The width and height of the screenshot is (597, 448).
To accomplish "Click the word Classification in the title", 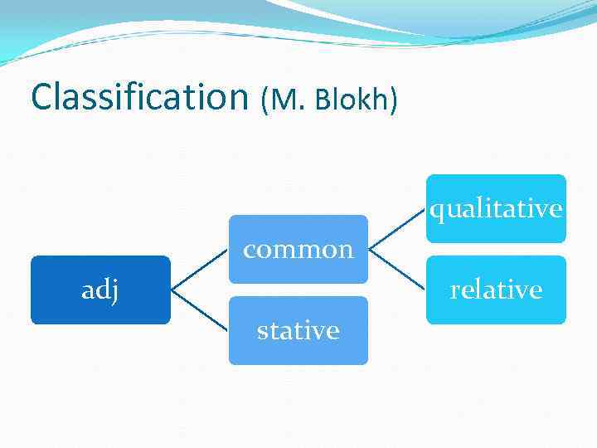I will (139, 97).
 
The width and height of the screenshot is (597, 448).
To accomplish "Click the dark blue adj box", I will (100, 290).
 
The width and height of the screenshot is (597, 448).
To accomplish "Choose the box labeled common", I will (298, 249).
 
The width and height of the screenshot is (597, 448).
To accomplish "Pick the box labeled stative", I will (298, 330).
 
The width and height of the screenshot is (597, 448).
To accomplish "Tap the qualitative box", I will (496, 208).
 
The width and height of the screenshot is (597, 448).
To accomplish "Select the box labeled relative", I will (496, 290).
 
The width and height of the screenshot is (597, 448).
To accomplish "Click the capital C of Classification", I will (41, 97).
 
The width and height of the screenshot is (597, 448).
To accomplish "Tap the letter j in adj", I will (114, 292).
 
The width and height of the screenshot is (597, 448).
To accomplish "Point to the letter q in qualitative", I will (436, 211).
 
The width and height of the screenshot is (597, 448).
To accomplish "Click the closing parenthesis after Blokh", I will (394, 100).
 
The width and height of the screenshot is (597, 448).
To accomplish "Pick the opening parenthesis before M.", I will (265, 100).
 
